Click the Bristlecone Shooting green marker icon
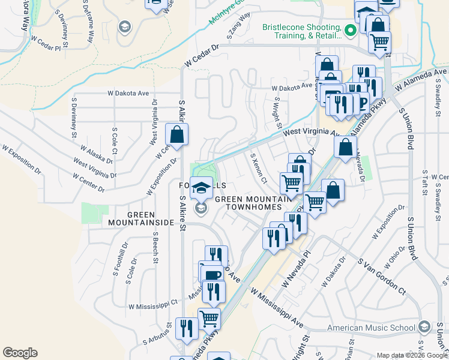(351, 28)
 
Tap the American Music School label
(371, 328)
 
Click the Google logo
(20, 353)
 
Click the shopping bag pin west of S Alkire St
(177, 136)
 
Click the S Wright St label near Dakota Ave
(277, 113)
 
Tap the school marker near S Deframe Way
(124, 26)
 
